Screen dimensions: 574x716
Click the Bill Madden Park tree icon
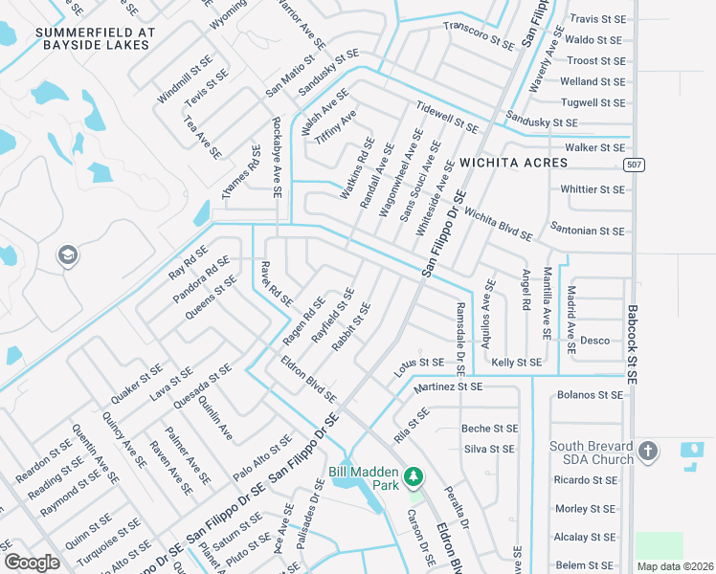[414, 475]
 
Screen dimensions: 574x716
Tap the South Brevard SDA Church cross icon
[647, 451]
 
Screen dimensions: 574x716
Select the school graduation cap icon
[67, 255]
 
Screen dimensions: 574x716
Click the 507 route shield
[633, 165]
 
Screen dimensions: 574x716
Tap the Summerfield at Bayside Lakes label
[95, 38]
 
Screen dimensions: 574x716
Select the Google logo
[32, 563]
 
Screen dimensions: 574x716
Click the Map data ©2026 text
[675, 566]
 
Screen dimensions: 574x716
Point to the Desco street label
[594, 341]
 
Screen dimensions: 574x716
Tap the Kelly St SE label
[516, 363]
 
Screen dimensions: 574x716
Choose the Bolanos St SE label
[591, 394]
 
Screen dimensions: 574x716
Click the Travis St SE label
[597, 19]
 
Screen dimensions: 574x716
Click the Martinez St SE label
[448, 387]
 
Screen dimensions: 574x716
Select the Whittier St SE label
[593, 189]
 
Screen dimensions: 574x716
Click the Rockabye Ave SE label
[276, 157]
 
